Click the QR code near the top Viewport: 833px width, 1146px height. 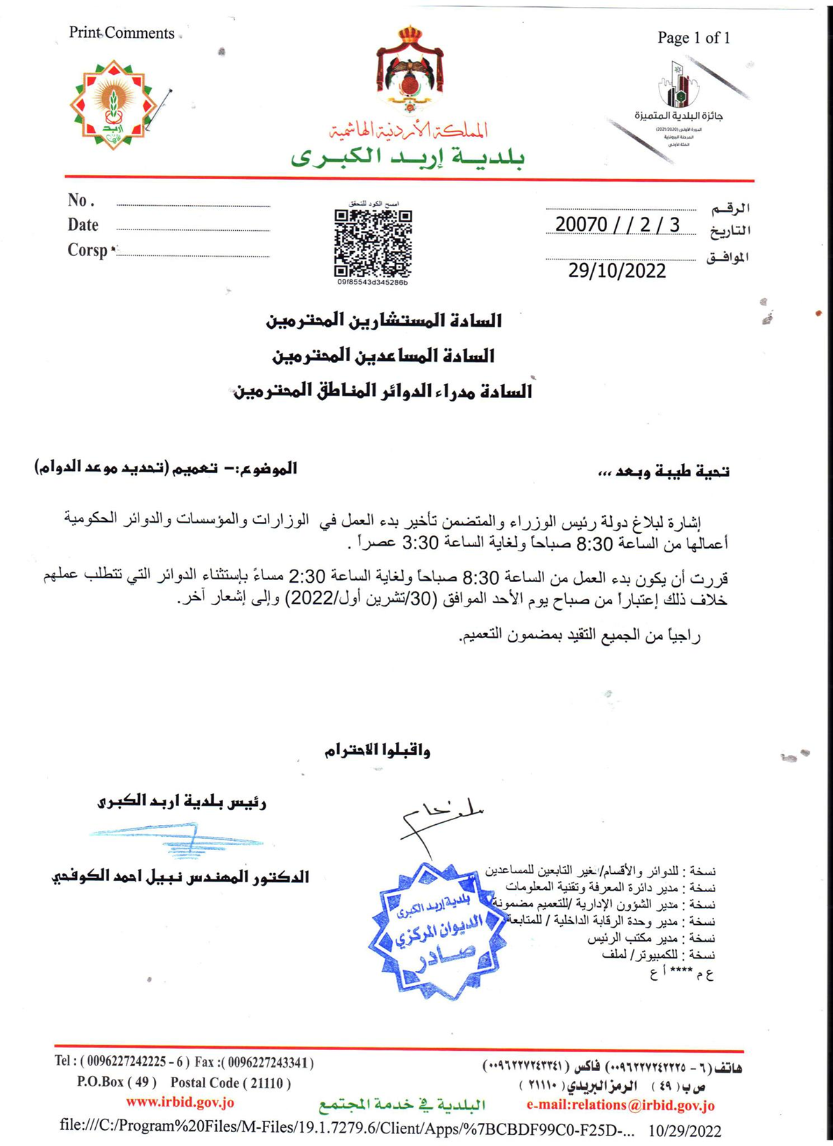pos(372,243)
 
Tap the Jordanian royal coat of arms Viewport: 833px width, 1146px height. pos(409,70)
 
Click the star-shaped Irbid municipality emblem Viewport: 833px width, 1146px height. pos(113,105)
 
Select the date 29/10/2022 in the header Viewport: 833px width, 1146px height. pos(617,271)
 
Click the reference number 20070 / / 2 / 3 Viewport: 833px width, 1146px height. pos(617,225)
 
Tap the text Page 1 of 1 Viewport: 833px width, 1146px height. pos(693,38)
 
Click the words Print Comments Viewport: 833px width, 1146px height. pos(122,33)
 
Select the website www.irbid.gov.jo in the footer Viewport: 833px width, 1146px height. pos(180,1103)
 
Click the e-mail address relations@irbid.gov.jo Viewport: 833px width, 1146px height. pos(620,1105)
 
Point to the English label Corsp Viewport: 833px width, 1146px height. pos(87,250)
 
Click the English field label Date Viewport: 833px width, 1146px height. pos(83,225)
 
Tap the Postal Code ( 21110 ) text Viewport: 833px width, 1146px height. pos(230,1083)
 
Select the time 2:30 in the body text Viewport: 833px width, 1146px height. pos(307,577)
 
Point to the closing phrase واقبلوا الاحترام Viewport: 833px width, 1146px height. pos(377,751)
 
